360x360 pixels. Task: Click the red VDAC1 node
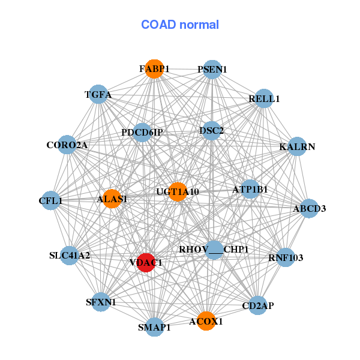pos(146,262)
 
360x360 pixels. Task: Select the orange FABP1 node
pos(154,69)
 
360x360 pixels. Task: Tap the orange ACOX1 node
pos(206,321)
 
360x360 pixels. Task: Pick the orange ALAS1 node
pos(112,199)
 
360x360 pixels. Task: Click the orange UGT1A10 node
pos(178,191)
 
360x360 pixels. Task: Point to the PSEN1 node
pos(211,70)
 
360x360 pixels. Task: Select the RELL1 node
pos(264,98)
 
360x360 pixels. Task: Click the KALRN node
pos(297,146)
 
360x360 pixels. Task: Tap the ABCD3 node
pos(309,209)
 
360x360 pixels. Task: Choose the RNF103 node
pos(286,258)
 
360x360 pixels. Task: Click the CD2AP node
pos(257,305)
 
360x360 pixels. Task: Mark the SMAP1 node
pos(155,327)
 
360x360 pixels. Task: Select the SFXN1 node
pos(101,302)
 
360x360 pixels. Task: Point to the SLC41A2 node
pos(70,256)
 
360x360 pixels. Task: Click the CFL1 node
pos(51,200)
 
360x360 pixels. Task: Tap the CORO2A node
pos(67,145)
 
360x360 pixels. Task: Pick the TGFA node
pos(98,95)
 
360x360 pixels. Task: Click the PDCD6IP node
pos(142,132)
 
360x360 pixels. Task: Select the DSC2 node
pos(211,130)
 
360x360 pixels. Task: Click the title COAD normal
pos(180,25)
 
